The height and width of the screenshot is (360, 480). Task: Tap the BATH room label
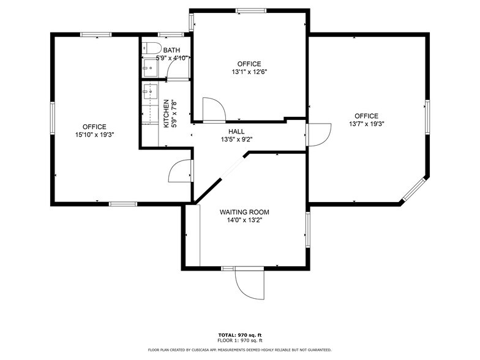pyautogui.click(x=171, y=50)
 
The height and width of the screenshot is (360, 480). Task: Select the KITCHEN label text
pyautogui.click(x=166, y=113)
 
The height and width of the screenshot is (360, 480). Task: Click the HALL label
pyautogui.click(x=236, y=132)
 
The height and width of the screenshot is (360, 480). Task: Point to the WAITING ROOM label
pyautogui.click(x=244, y=212)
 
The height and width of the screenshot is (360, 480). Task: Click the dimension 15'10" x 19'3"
pyautogui.click(x=95, y=134)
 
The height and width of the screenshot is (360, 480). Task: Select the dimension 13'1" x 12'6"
pyautogui.click(x=249, y=72)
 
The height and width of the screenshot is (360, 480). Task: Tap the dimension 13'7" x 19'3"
pyautogui.click(x=366, y=123)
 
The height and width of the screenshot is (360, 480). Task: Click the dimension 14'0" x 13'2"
pyautogui.click(x=244, y=220)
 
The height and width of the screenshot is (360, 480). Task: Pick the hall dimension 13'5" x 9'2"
pyautogui.click(x=236, y=140)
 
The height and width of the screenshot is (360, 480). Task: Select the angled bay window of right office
pyautogui.click(x=414, y=189)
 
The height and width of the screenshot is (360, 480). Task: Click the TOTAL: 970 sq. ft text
pyautogui.click(x=239, y=335)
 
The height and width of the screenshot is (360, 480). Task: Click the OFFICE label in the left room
pyautogui.click(x=95, y=127)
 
